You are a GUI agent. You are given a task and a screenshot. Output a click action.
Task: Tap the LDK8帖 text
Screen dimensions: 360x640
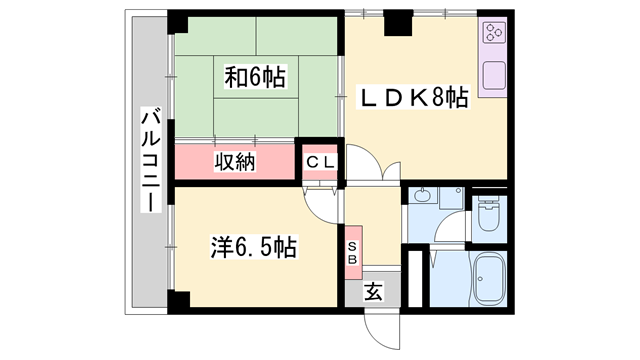413,98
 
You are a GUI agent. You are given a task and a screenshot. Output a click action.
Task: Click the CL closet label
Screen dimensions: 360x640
321,160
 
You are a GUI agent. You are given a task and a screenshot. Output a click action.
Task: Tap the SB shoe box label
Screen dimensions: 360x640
353,252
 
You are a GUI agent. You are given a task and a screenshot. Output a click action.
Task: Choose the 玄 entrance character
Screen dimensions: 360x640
371,292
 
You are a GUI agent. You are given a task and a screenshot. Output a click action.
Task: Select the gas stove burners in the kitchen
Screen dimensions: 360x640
493,36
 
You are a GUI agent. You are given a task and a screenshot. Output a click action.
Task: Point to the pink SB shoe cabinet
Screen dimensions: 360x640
353,252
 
